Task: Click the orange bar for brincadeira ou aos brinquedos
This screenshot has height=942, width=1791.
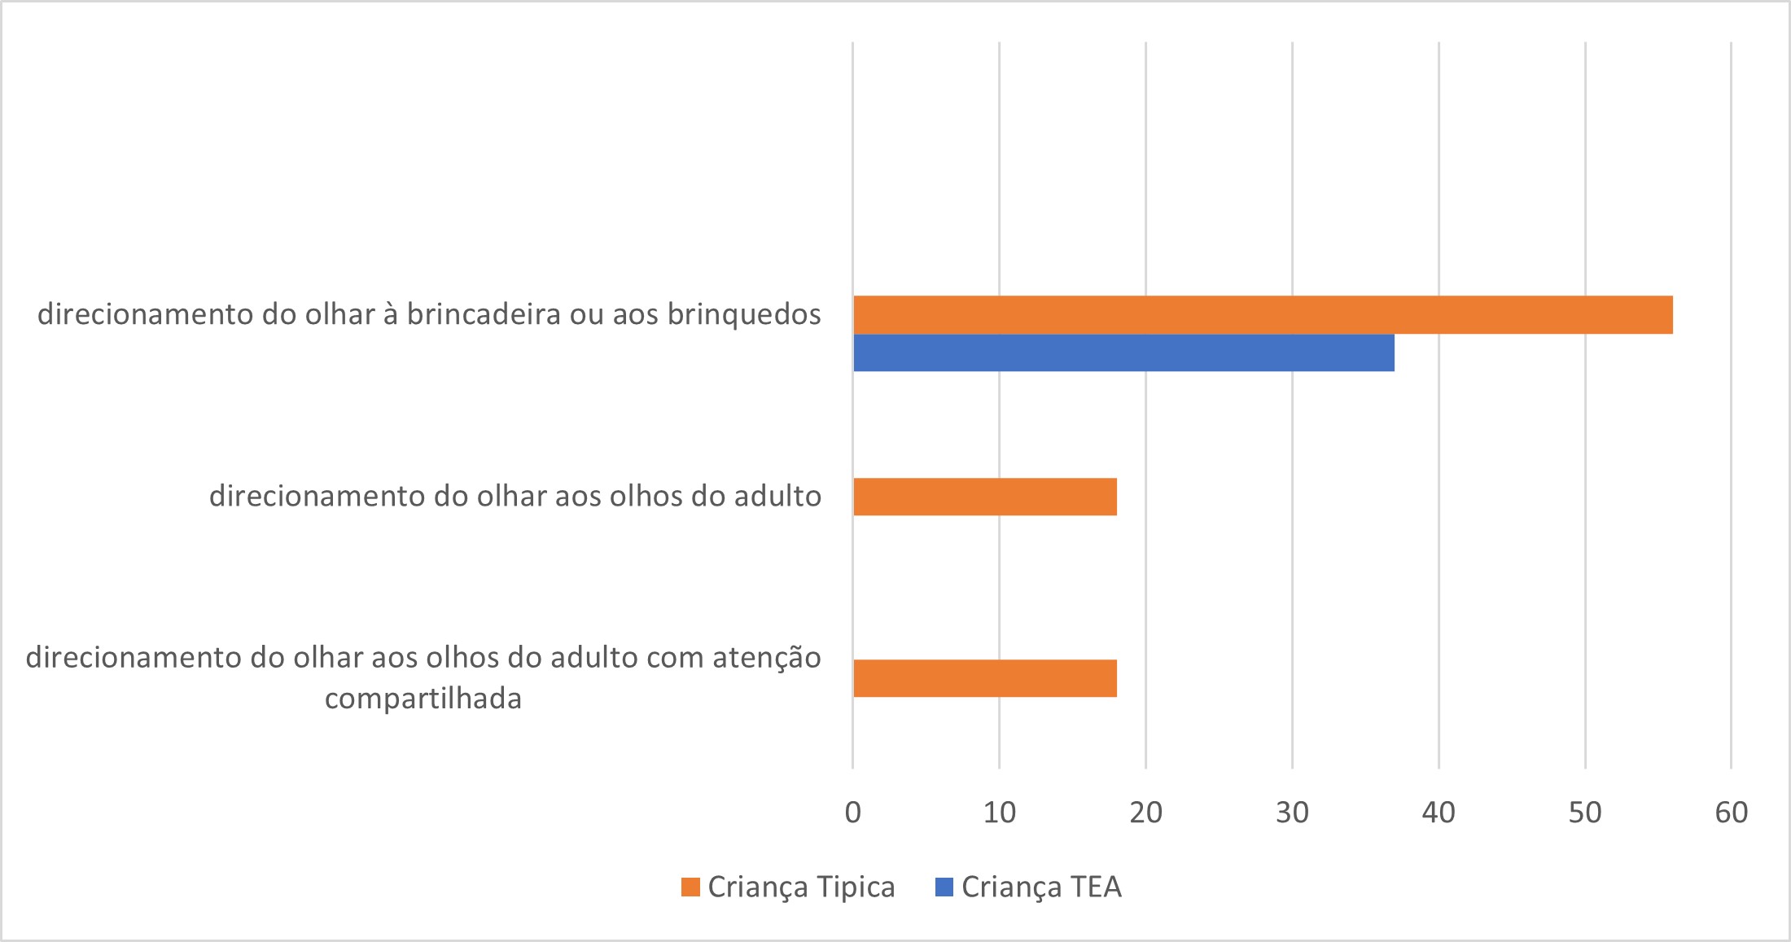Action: click(1262, 315)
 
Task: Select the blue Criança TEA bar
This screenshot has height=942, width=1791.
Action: click(1123, 353)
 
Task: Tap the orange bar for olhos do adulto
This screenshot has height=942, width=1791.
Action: click(984, 497)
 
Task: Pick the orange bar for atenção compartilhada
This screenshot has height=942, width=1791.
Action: click(984, 678)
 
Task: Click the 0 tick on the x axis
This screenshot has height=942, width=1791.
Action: click(852, 813)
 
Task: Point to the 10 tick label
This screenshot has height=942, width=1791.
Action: click(999, 813)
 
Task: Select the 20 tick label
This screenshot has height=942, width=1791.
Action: click(1145, 813)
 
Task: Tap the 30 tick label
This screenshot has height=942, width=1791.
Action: click(1292, 813)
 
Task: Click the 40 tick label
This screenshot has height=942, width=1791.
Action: click(1438, 813)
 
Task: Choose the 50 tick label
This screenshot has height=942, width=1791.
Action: click(1585, 813)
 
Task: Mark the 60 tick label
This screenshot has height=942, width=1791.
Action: click(1731, 813)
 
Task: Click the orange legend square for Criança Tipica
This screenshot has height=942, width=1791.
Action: click(690, 887)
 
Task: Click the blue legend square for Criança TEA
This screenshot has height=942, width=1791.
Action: click(944, 887)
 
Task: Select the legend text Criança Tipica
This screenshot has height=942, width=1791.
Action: click(801, 887)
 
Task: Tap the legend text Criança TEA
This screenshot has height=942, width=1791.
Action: click(1041, 887)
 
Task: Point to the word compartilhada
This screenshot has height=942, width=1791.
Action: click(423, 699)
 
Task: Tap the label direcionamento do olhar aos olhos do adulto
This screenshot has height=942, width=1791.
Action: click(515, 496)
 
